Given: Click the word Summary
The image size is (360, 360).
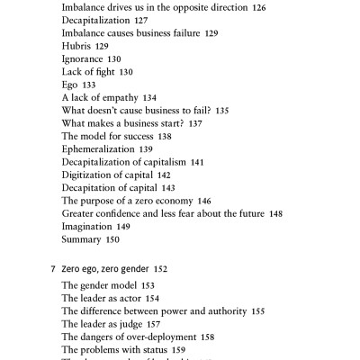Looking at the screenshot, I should [82, 240].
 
